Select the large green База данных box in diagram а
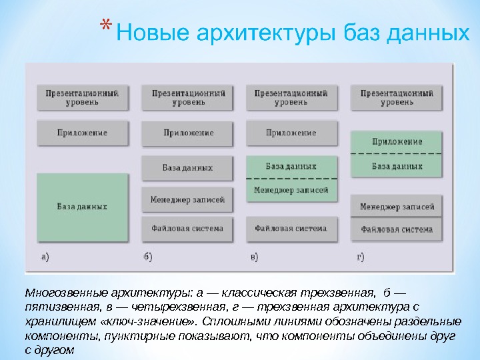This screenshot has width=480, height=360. click(x=82, y=207)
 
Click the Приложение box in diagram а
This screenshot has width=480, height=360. click(x=82, y=133)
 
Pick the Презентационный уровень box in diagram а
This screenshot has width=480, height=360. click(x=82, y=98)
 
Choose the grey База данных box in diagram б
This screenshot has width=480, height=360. click(x=187, y=167)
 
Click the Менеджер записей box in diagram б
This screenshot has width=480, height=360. click(x=187, y=199)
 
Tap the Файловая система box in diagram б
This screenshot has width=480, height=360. click(x=187, y=229)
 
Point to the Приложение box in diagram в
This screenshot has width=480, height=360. click(x=291, y=133)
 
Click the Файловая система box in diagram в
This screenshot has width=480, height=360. click(x=291, y=229)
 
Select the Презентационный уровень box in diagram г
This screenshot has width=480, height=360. click(x=397, y=98)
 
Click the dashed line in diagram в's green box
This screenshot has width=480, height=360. click(x=291, y=179)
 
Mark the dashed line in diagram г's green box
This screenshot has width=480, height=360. click(x=397, y=154)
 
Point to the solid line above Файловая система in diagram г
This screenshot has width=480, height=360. click(x=397, y=217)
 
